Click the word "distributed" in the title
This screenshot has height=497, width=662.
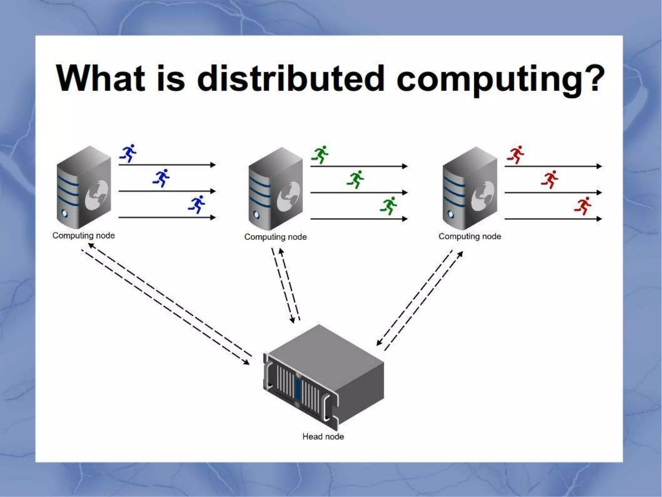coord(290,79)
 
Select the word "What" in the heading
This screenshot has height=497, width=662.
coord(100,79)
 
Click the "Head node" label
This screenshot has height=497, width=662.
coord(323,436)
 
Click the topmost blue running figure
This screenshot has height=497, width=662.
coord(128,153)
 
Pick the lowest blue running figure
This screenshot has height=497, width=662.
coord(197,204)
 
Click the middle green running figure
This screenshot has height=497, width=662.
coord(356,179)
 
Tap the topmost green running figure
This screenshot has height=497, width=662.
coord(320,154)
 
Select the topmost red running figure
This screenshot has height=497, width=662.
coord(516,154)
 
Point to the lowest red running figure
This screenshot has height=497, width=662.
coord(583,206)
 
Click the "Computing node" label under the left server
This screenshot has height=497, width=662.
coord(83,236)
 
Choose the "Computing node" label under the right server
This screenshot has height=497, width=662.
coord(470,237)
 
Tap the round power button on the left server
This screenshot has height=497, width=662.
coord(65,213)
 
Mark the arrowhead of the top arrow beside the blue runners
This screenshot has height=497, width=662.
coord(213,165)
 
